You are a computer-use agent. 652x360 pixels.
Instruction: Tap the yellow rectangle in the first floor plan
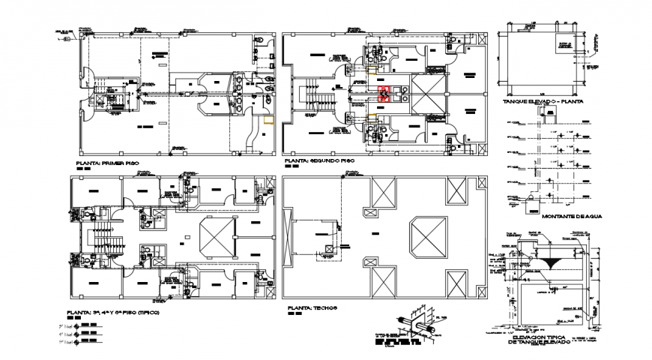(268, 118)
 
